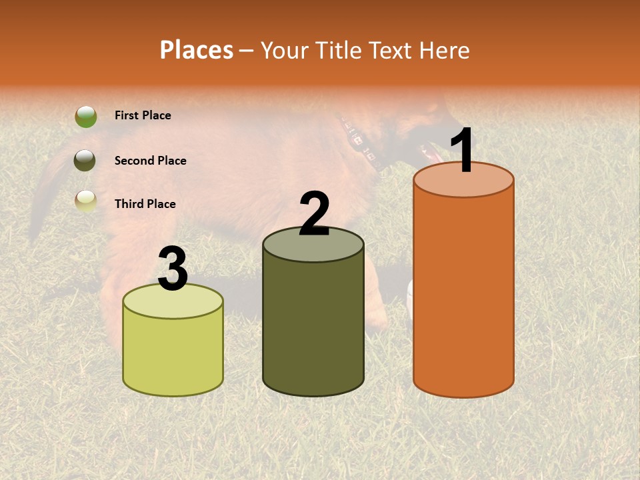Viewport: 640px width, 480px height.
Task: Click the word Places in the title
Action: pyautogui.click(x=197, y=50)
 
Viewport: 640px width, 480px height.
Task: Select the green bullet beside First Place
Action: pyautogui.click(x=85, y=116)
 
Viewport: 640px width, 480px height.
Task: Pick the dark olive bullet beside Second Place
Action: pyautogui.click(x=85, y=160)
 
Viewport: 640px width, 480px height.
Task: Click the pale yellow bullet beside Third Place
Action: pyautogui.click(x=85, y=201)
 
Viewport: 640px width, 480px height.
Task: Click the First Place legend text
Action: pyautogui.click(x=143, y=115)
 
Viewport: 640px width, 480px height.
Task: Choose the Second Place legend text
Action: pyautogui.click(x=150, y=161)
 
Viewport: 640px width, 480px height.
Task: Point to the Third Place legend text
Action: pyautogui.click(x=145, y=204)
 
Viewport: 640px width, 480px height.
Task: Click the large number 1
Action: pyautogui.click(x=462, y=151)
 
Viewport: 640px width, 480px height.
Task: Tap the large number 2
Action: pyautogui.click(x=314, y=214)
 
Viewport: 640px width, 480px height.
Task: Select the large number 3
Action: pyautogui.click(x=173, y=269)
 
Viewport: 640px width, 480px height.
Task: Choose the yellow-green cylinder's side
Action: pyautogui.click(x=173, y=353)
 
